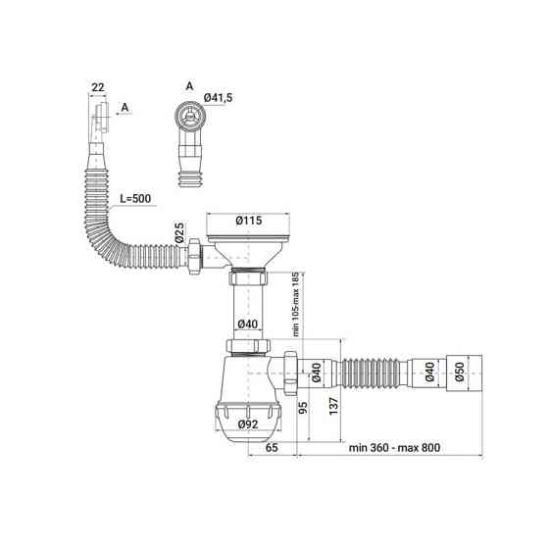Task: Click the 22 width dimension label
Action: pyautogui.click(x=98, y=87)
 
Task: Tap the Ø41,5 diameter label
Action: pyautogui.click(x=218, y=98)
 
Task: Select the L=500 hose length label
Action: pyautogui.click(x=135, y=198)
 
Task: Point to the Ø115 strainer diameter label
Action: pyautogui.click(x=249, y=221)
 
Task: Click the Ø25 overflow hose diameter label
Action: pyautogui.click(x=179, y=232)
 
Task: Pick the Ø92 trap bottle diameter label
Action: pyautogui.click(x=248, y=424)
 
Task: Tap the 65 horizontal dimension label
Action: pyautogui.click(x=272, y=447)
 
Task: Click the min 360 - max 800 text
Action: pyautogui.click(x=394, y=447)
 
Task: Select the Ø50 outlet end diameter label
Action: pyautogui.click(x=460, y=372)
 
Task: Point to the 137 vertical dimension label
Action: pyautogui.click(x=333, y=406)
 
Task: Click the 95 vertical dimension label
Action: pyautogui.click(x=303, y=407)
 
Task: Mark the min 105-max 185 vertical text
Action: pyautogui.click(x=296, y=304)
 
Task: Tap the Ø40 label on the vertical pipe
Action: pyautogui.click(x=248, y=324)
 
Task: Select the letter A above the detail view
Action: pyautogui.click(x=189, y=86)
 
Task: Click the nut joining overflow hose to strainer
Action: pyautogui.click(x=194, y=257)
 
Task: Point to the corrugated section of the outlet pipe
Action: pyautogui.click(x=371, y=373)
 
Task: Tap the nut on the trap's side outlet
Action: pyautogui.click(x=290, y=373)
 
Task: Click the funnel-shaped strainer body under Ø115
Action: pyautogui.click(x=248, y=253)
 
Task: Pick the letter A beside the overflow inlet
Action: pyautogui.click(x=125, y=108)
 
